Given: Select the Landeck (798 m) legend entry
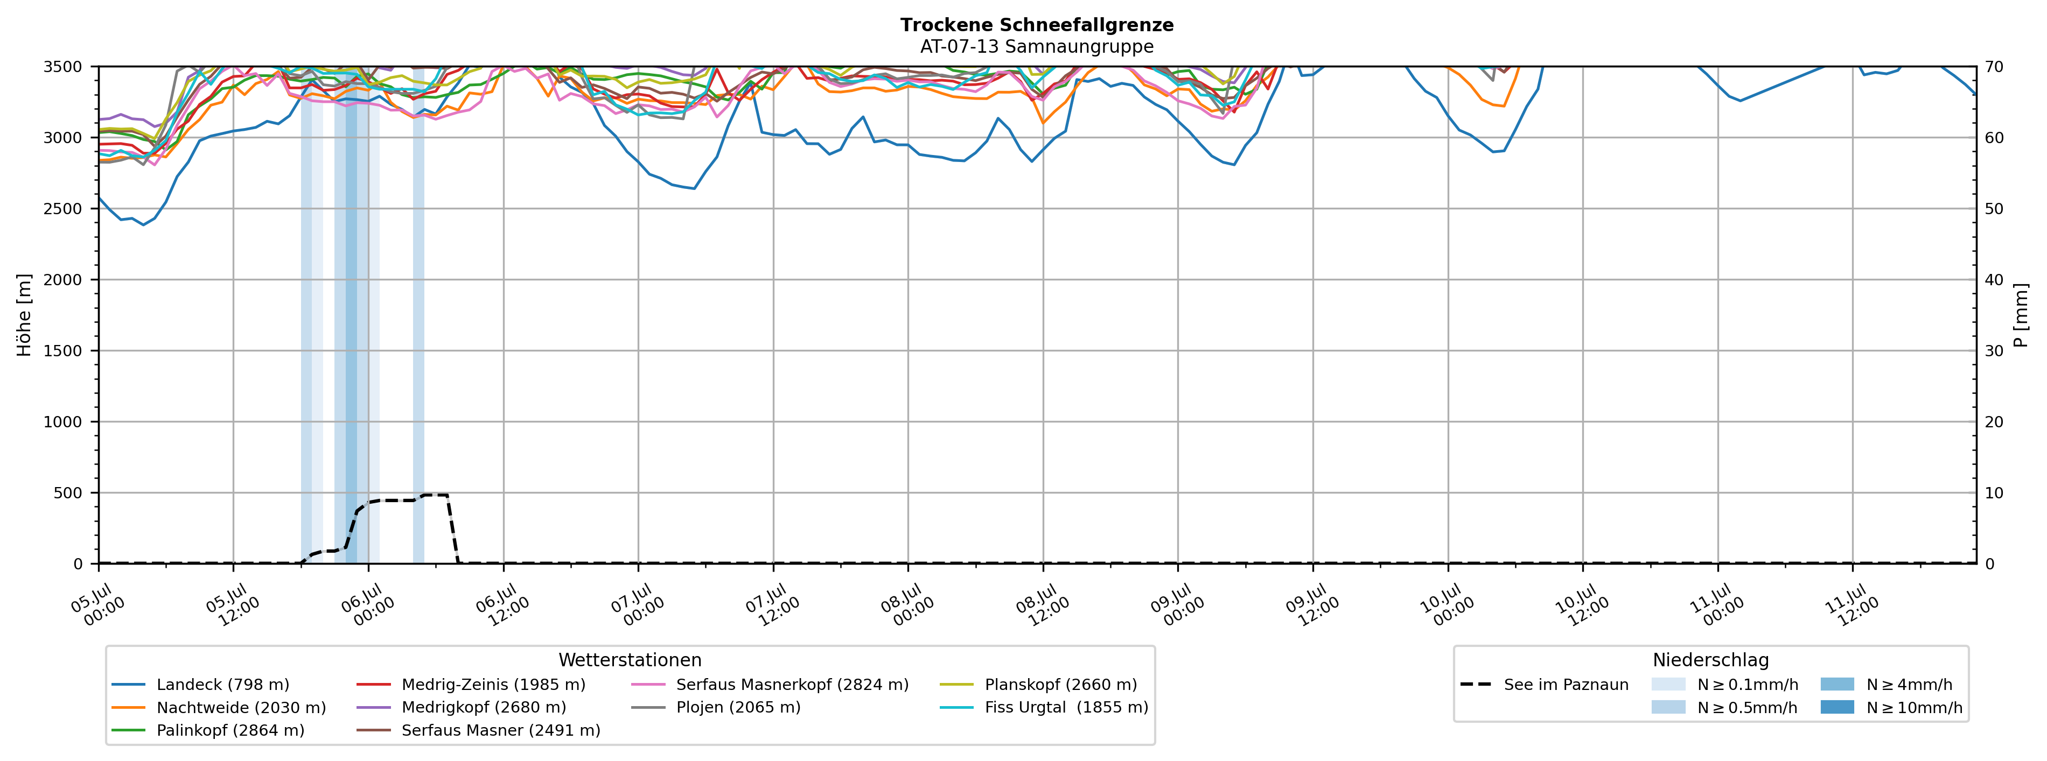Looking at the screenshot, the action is [x=200, y=685].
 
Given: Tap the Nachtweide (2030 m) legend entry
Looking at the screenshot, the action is [x=219, y=708].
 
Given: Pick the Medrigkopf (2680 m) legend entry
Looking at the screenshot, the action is [x=462, y=708].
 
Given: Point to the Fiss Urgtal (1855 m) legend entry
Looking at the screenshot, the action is [x=1044, y=708].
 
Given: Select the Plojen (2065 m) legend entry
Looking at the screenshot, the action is [x=716, y=708].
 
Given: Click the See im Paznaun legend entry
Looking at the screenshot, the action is [x=1544, y=685].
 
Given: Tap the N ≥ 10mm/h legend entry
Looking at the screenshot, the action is [x=1891, y=708].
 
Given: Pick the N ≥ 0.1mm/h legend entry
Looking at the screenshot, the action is [x=1724, y=685].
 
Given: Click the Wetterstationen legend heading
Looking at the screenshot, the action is [x=630, y=660].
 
